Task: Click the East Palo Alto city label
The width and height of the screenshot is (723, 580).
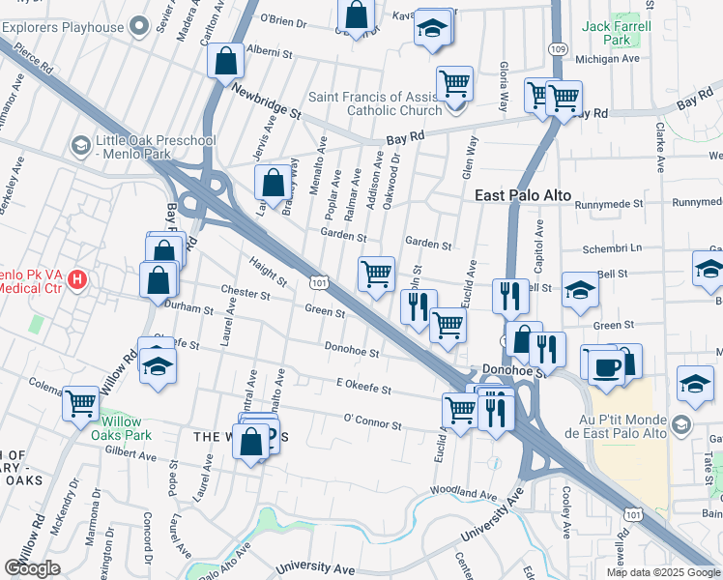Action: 523,195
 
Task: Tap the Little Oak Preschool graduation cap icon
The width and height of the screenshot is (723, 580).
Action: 80,146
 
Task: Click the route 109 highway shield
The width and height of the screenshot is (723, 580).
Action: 558,47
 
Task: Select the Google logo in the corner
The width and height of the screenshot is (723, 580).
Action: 33,568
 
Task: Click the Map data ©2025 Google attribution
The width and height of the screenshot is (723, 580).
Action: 664,572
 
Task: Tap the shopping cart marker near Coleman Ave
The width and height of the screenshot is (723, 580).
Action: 80,402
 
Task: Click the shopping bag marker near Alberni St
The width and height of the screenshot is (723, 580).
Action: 225,61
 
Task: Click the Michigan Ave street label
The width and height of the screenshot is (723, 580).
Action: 608,59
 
